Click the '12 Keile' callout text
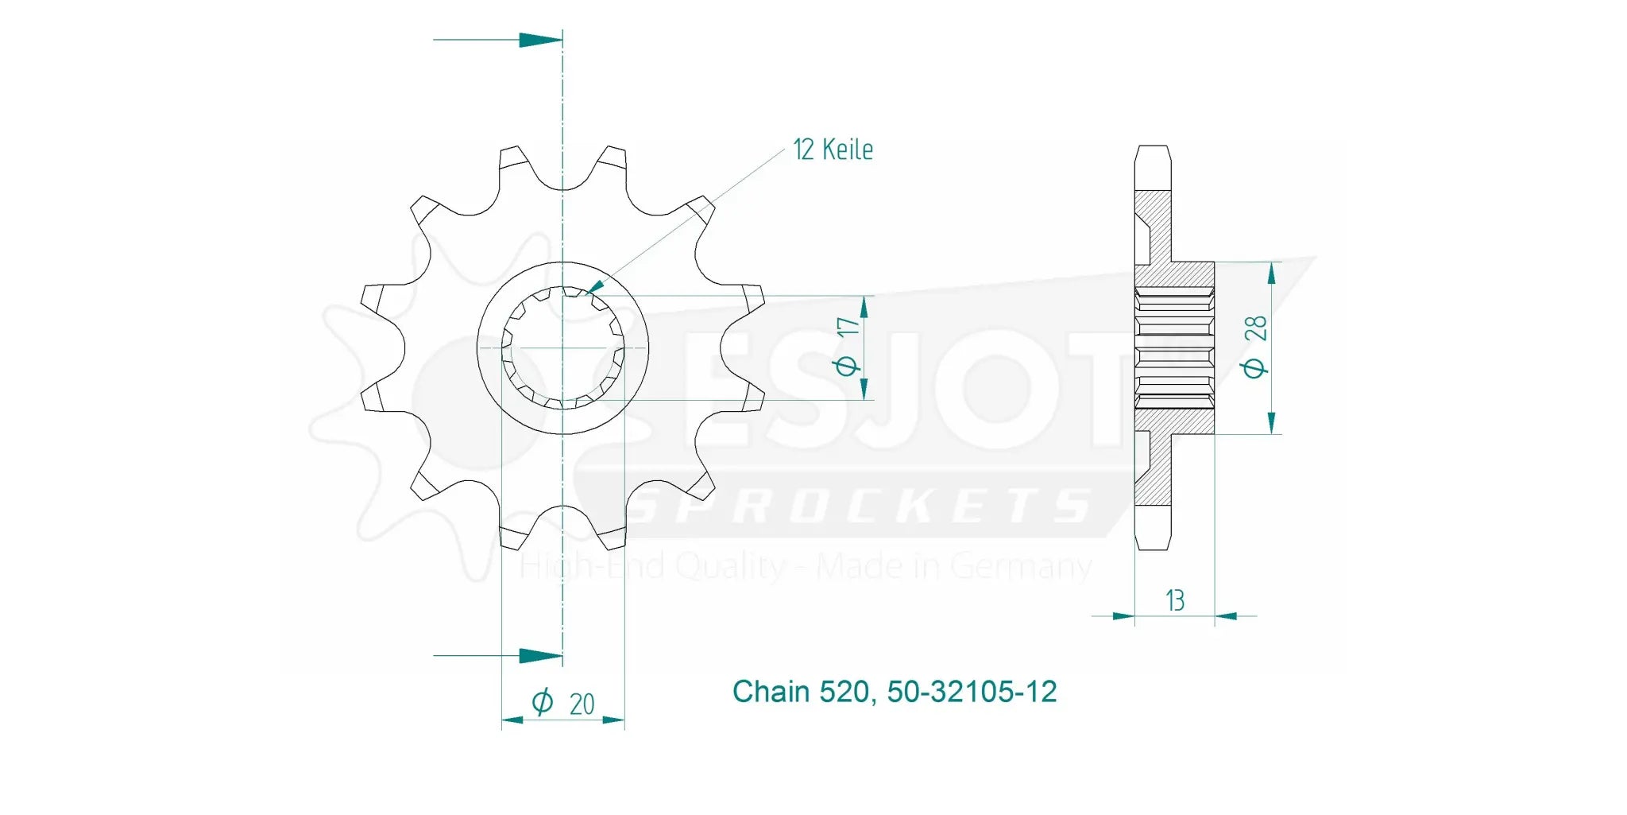pos(833,149)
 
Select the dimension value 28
pos(1255,328)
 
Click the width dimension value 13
pos(1175,600)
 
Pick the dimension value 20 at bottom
pos(582,704)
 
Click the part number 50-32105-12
pos(972,692)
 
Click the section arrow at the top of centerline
pos(540,40)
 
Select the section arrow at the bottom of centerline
pos(540,656)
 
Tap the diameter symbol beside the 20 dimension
pos(542,702)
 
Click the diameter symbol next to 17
pos(847,365)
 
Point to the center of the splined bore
pos(562,347)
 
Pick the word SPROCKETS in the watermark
pos(862,506)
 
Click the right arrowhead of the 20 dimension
pos(613,720)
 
